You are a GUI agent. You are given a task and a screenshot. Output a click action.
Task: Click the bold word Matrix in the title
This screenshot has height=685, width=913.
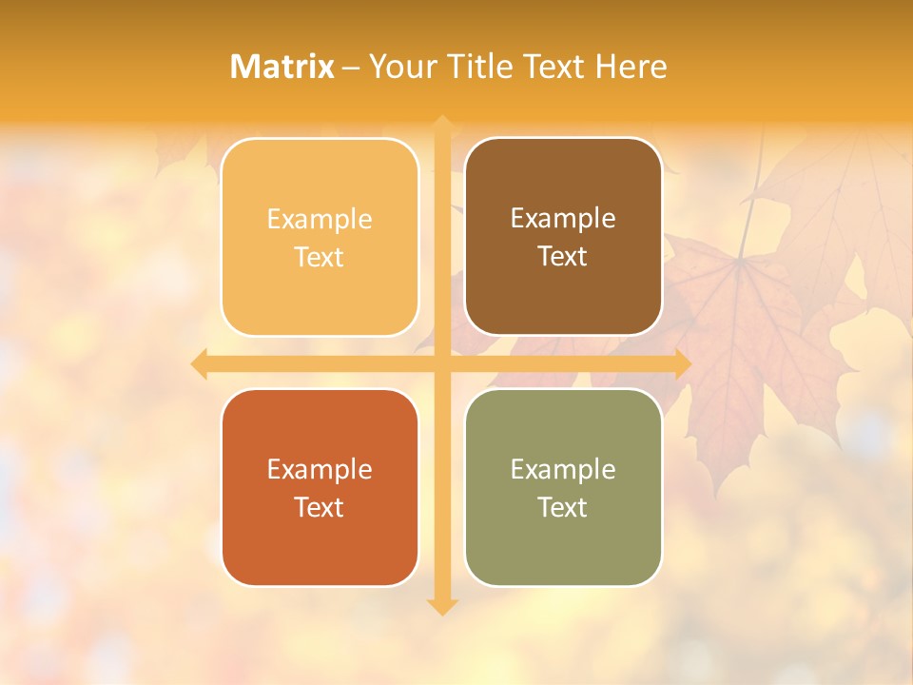[x=282, y=67]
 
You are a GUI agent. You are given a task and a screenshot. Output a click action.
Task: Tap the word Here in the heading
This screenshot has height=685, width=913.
[x=631, y=67]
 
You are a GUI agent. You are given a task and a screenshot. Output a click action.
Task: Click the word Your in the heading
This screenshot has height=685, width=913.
[x=400, y=67]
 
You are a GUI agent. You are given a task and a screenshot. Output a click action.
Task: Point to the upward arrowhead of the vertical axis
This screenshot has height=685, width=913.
[x=442, y=123]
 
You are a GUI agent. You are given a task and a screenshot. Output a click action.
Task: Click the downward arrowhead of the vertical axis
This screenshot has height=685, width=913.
[x=442, y=607]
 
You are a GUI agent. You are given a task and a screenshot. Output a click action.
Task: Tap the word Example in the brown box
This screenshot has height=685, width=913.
[x=563, y=219]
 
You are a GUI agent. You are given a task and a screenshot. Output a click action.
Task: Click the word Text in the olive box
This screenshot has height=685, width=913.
[x=563, y=507]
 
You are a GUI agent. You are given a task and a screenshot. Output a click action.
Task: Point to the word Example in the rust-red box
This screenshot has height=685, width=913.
[x=320, y=470]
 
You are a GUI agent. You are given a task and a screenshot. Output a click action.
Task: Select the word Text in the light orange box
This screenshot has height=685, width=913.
[x=320, y=257]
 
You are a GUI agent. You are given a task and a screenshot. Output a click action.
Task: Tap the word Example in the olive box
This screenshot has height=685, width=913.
[x=563, y=470]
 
